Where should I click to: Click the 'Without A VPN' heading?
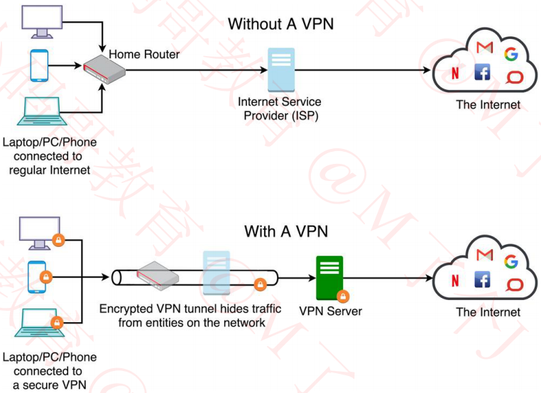click(x=280, y=24)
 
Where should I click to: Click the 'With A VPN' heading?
click(x=286, y=231)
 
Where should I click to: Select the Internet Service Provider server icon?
click(x=280, y=70)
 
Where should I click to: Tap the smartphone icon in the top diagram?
click(x=38, y=66)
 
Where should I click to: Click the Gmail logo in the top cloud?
click(x=485, y=48)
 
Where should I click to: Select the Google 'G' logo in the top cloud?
click(x=510, y=54)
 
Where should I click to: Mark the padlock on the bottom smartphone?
click(x=44, y=276)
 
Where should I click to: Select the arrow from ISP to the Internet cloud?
click(x=362, y=70)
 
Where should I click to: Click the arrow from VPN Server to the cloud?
click(x=389, y=278)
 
